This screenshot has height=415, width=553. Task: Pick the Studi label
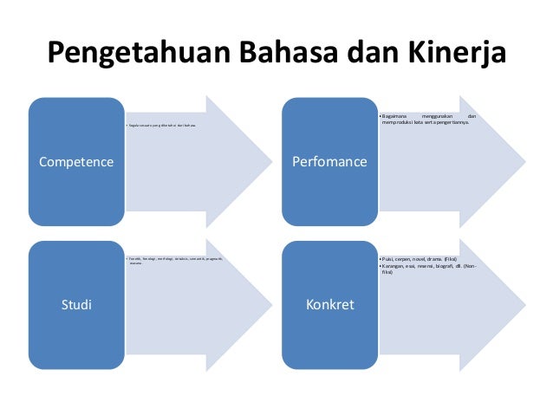[76, 304]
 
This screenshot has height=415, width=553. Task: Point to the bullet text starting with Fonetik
[173, 258]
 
